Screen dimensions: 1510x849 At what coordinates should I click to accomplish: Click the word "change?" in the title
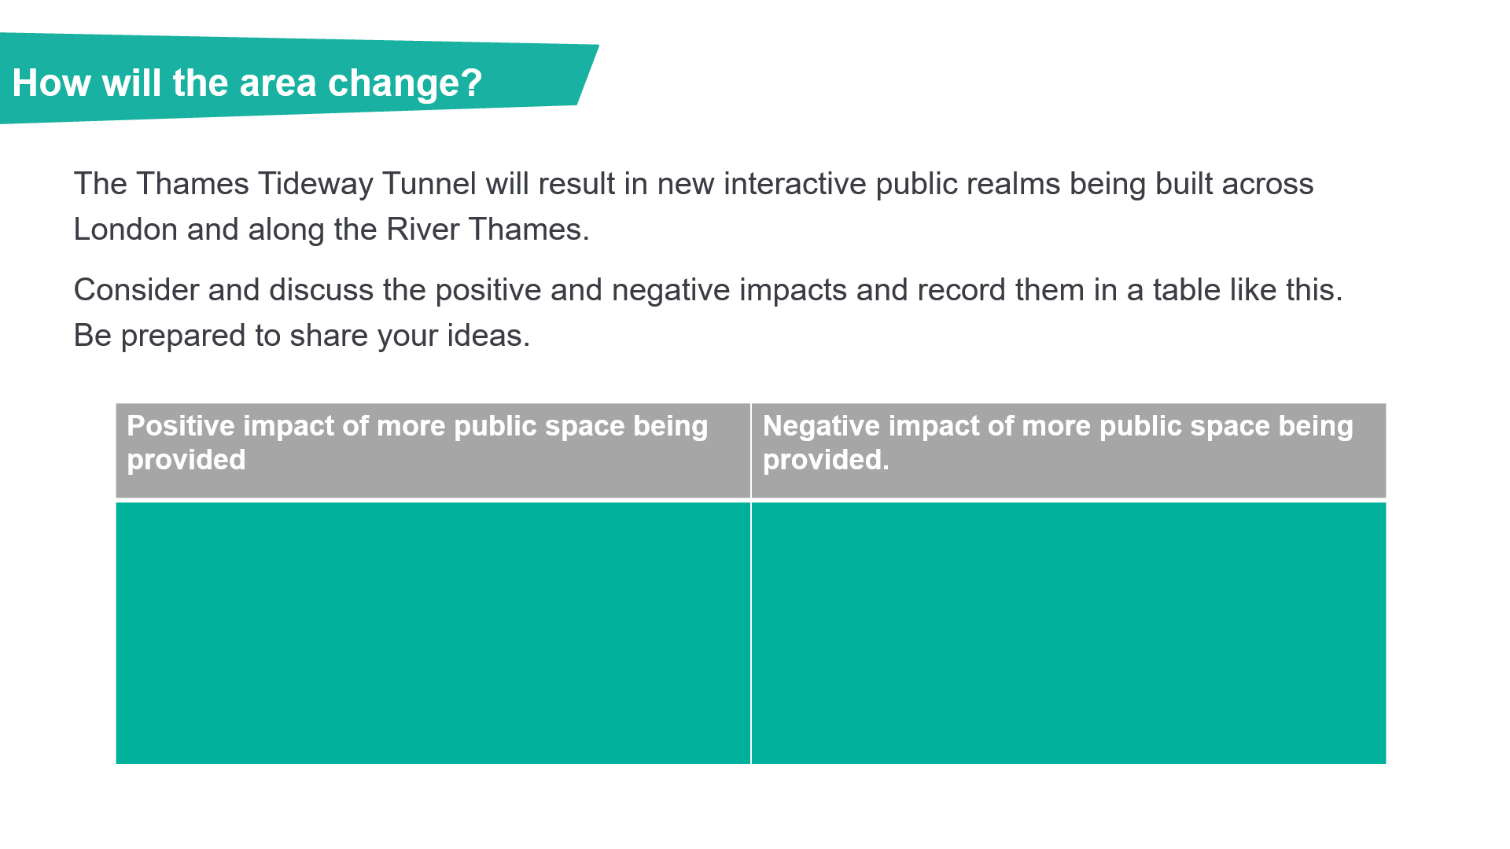tap(405, 84)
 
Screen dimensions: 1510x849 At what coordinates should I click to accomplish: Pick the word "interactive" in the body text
tap(794, 184)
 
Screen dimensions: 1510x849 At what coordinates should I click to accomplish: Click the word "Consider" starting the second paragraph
tap(136, 290)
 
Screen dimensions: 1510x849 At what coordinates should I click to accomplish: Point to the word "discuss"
tap(322, 290)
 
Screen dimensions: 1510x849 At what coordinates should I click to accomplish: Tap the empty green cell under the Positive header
tap(433, 634)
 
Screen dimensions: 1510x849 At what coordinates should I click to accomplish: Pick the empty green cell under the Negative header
tap(1069, 634)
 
